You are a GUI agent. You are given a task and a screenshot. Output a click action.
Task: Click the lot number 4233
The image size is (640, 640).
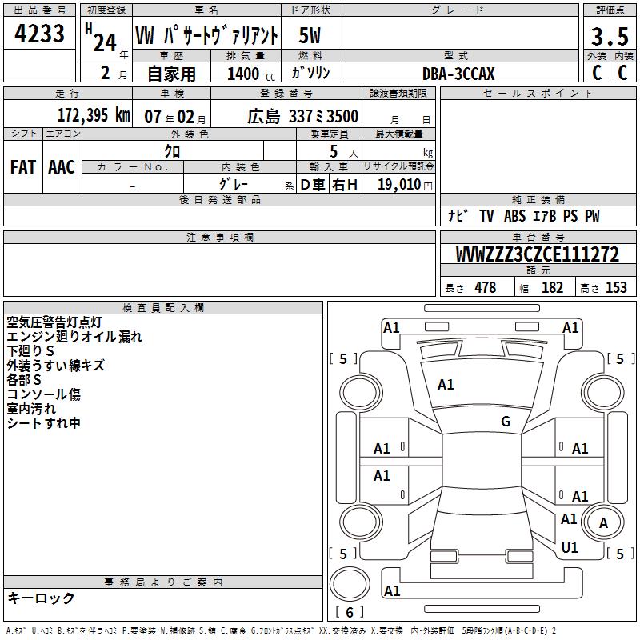pos(40,36)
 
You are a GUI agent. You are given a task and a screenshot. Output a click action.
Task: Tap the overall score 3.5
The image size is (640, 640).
pos(608,37)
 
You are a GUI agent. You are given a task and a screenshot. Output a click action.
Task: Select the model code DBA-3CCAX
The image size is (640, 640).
pos(458,74)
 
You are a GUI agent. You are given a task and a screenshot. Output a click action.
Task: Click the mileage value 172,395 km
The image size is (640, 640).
pos(94,116)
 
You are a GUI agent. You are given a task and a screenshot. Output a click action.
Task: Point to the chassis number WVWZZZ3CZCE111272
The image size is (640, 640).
pos(538,255)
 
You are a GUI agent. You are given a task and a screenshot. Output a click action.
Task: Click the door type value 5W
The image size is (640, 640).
pos(310,36)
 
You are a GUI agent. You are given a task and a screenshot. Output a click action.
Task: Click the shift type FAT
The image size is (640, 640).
pos(22,167)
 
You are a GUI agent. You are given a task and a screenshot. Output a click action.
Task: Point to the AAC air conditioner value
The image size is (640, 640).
pos(61,167)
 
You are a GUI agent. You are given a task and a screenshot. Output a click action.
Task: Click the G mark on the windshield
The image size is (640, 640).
pos(506,422)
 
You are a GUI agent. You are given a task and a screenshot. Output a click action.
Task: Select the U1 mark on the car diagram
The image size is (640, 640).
pos(570,548)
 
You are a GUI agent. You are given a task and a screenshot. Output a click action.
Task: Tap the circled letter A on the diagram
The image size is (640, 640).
pos(604,523)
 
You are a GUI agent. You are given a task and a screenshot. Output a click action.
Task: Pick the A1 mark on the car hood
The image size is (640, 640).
pos(446,385)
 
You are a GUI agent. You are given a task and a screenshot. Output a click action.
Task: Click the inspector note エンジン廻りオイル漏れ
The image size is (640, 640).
pos(74,337)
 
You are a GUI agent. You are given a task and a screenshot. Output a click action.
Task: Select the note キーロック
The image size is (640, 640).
pos(41,598)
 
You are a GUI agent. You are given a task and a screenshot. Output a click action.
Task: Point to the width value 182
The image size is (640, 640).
pos(552,288)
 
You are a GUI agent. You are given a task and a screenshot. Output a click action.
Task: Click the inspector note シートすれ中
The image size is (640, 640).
pos(44,423)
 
